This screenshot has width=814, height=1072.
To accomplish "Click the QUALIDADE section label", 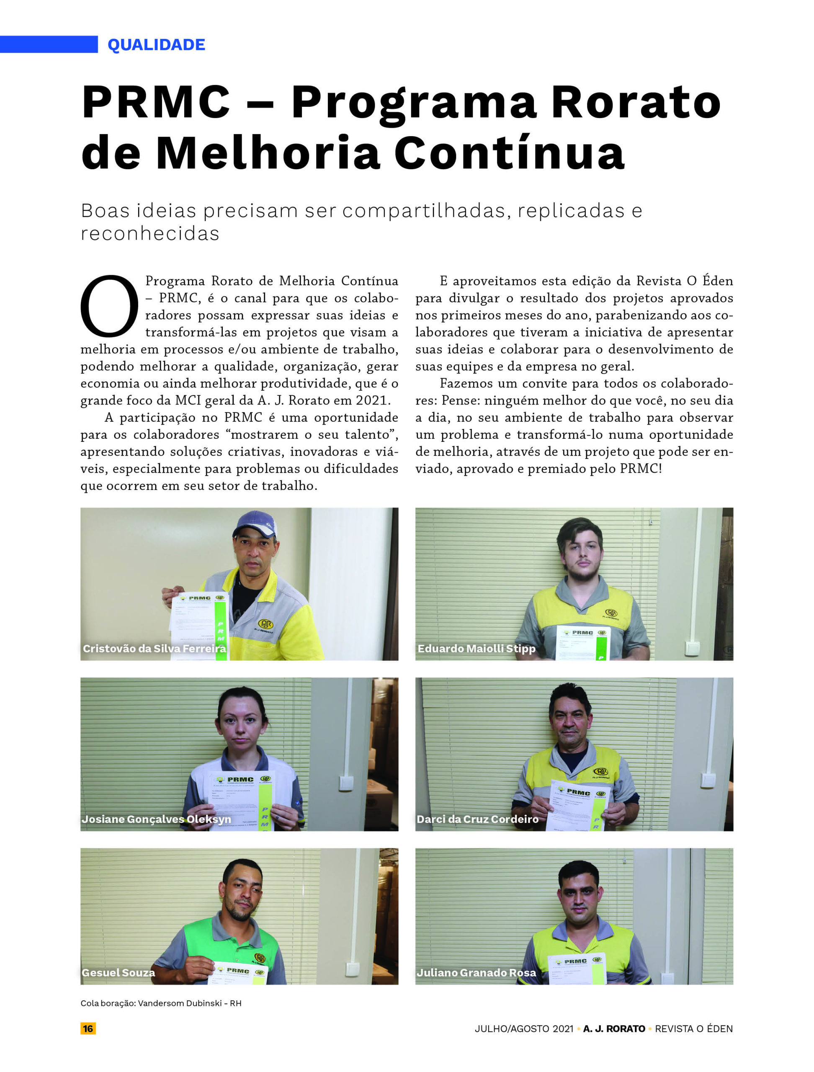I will (x=156, y=44).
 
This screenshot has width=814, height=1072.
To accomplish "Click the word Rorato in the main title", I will (x=636, y=102).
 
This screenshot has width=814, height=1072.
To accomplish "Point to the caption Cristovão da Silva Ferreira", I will (x=154, y=648).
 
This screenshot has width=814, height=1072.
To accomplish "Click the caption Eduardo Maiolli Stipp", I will (x=476, y=648).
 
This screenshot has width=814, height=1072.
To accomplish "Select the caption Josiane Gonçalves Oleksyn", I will (x=156, y=819).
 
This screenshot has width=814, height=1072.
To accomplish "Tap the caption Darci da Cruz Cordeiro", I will (x=477, y=819).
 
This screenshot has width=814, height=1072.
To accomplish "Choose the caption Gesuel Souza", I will (x=118, y=973).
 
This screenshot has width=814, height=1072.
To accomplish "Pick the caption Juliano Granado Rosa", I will (x=476, y=973).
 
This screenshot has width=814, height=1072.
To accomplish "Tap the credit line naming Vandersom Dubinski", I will (x=161, y=1003).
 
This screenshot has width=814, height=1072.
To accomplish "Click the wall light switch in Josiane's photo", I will (x=345, y=783).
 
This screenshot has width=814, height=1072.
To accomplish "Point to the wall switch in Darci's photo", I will (x=708, y=780).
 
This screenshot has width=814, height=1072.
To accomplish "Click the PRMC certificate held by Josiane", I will (x=241, y=800).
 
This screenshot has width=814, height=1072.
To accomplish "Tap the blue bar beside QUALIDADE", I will (x=49, y=44).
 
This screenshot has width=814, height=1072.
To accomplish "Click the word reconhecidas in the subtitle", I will (x=150, y=234).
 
